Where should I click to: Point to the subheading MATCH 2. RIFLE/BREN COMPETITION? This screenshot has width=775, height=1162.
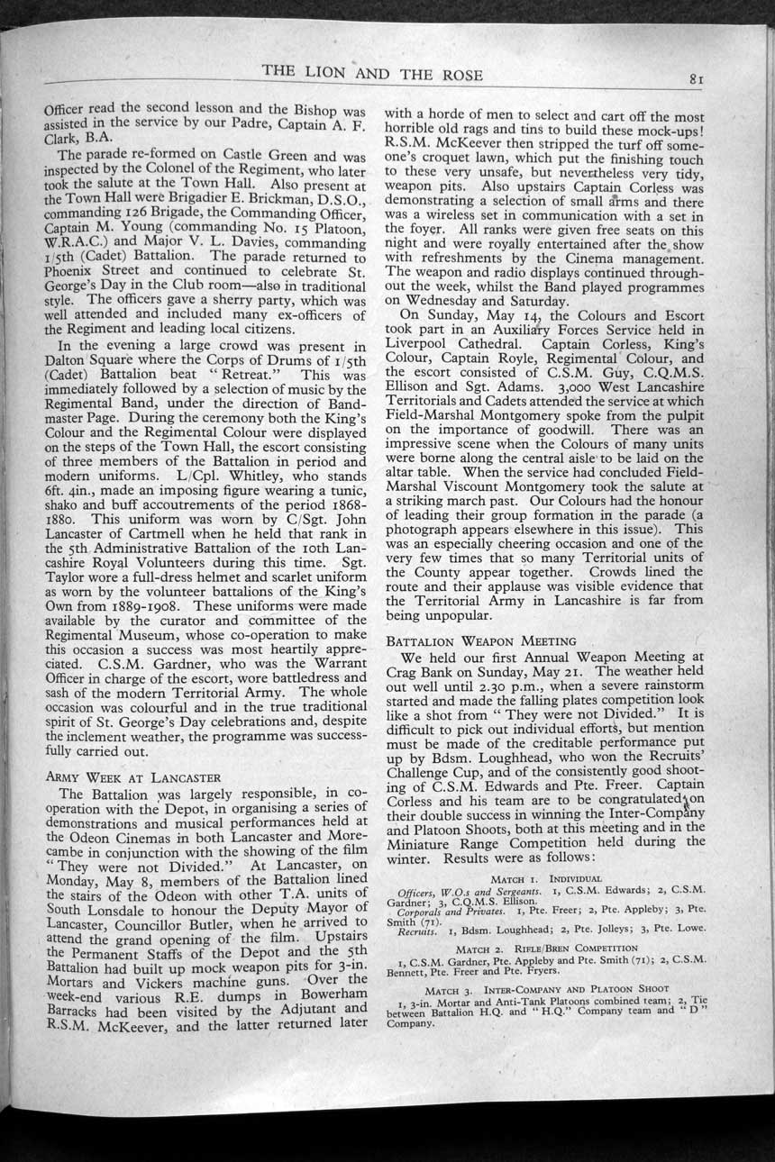tap(547, 949)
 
